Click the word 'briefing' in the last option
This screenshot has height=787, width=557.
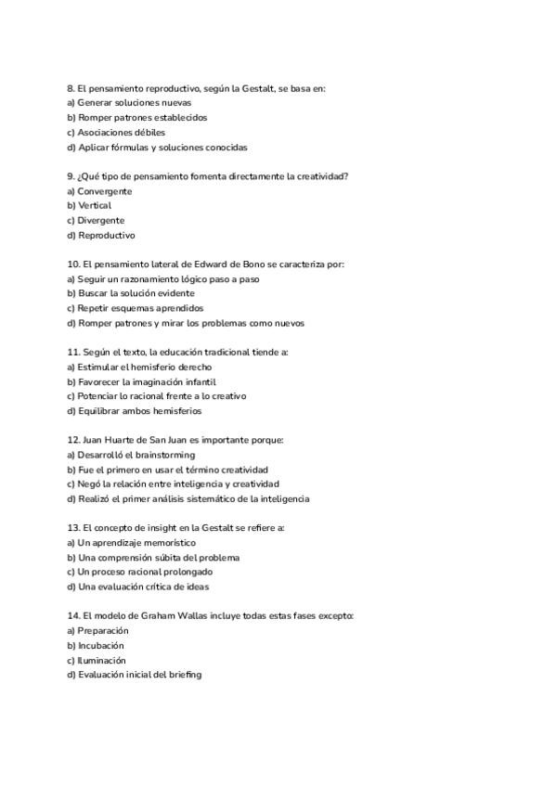(x=186, y=675)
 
